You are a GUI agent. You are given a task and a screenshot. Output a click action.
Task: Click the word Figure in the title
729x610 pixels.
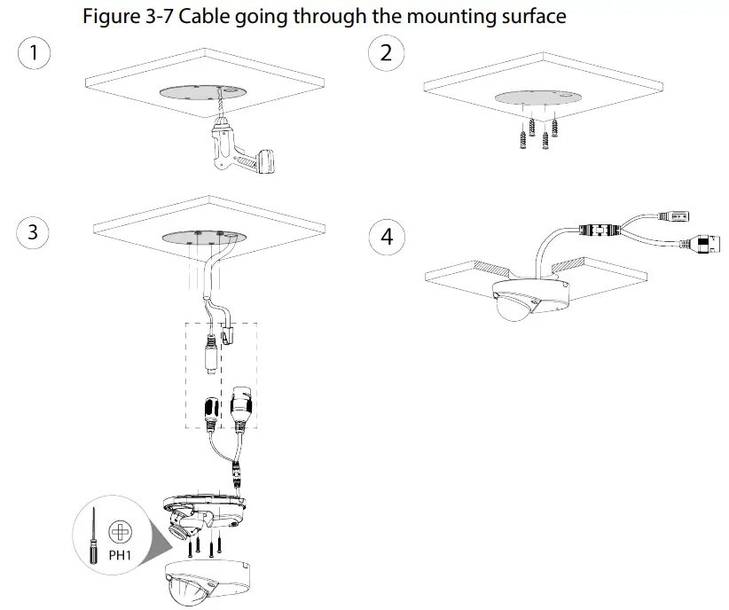(109, 16)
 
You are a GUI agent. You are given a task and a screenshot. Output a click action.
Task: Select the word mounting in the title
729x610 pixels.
(453, 16)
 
